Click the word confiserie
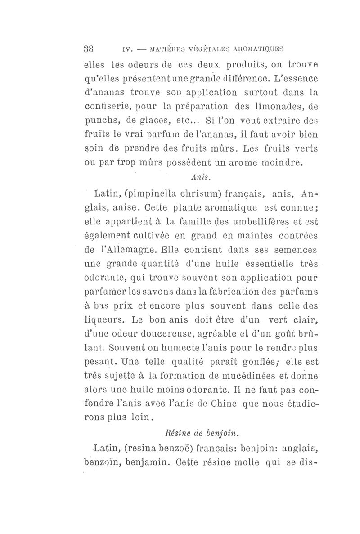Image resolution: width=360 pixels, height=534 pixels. [x=105, y=108]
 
